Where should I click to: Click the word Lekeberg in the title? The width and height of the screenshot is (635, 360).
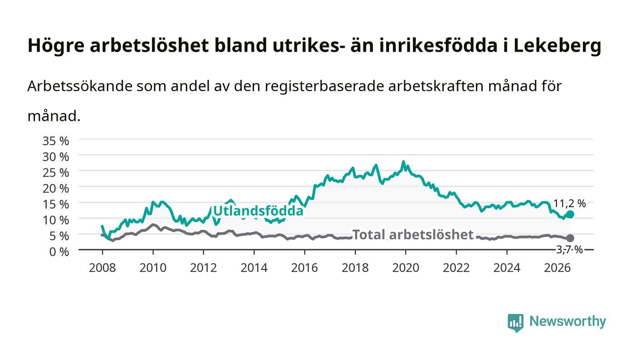[x=557, y=45]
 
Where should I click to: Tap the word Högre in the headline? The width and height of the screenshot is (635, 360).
[x=56, y=46]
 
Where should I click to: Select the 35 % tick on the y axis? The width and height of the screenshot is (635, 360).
[x=55, y=141]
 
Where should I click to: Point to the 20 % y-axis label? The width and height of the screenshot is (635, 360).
[x=55, y=189]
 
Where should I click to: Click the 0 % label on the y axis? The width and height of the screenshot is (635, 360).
[x=59, y=252]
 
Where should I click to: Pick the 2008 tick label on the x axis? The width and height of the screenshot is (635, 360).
[x=103, y=268]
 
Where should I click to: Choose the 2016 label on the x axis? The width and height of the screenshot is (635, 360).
[x=304, y=268]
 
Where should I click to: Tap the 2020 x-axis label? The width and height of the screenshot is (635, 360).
[x=405, y=268]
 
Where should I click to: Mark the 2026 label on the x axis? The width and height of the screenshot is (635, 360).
[x=557, y=268]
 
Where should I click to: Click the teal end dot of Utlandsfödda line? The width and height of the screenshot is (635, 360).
[x=570, y=214]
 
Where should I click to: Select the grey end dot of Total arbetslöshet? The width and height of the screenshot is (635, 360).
[x=570, y=238]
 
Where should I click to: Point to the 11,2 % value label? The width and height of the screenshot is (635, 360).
[x=570, y=204]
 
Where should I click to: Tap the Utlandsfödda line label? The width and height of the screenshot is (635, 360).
[x=258, y=211]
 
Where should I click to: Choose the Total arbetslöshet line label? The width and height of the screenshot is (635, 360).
[x=413, y=235]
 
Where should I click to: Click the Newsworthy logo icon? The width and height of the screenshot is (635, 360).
[x=516, y=323]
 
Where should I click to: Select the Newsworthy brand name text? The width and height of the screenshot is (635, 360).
[x=567, y=321]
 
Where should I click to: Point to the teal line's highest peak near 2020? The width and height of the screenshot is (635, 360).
[x=403, y=162]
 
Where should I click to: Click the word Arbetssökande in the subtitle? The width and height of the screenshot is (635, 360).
[x=80, y=86]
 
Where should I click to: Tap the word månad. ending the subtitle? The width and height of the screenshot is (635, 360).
[x=54, y=116]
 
